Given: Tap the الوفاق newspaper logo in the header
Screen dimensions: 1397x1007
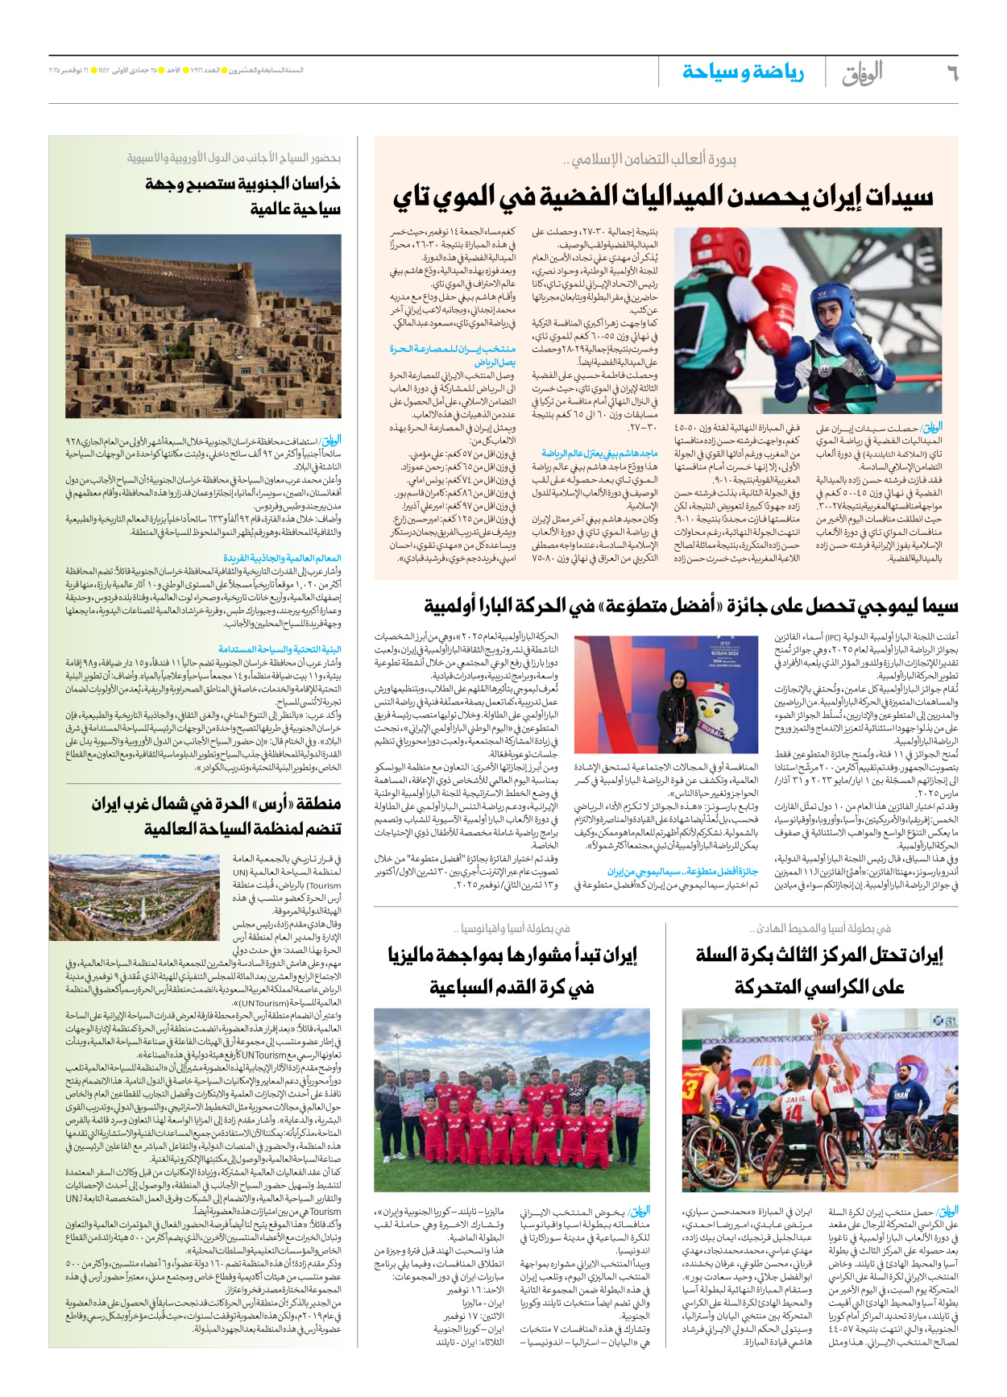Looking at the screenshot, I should [x=862, y=73].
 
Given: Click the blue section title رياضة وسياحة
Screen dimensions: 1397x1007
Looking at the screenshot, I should [x=743, y=73].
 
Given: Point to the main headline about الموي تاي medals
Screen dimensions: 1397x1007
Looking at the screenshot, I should [x=662, y=197].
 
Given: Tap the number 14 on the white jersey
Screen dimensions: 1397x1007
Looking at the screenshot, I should [x=794, y=1112].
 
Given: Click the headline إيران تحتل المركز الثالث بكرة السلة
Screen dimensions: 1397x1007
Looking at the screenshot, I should [x=819, y=971].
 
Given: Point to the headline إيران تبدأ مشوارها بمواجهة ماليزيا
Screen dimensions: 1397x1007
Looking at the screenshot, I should [x=512, y=971].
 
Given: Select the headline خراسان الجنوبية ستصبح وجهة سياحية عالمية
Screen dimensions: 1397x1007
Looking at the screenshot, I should [x=242, y=196].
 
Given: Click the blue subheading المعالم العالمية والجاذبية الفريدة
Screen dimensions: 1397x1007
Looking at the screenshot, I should [x=282, y=558].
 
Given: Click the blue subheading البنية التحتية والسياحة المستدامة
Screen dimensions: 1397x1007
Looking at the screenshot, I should [x=280, y=649].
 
